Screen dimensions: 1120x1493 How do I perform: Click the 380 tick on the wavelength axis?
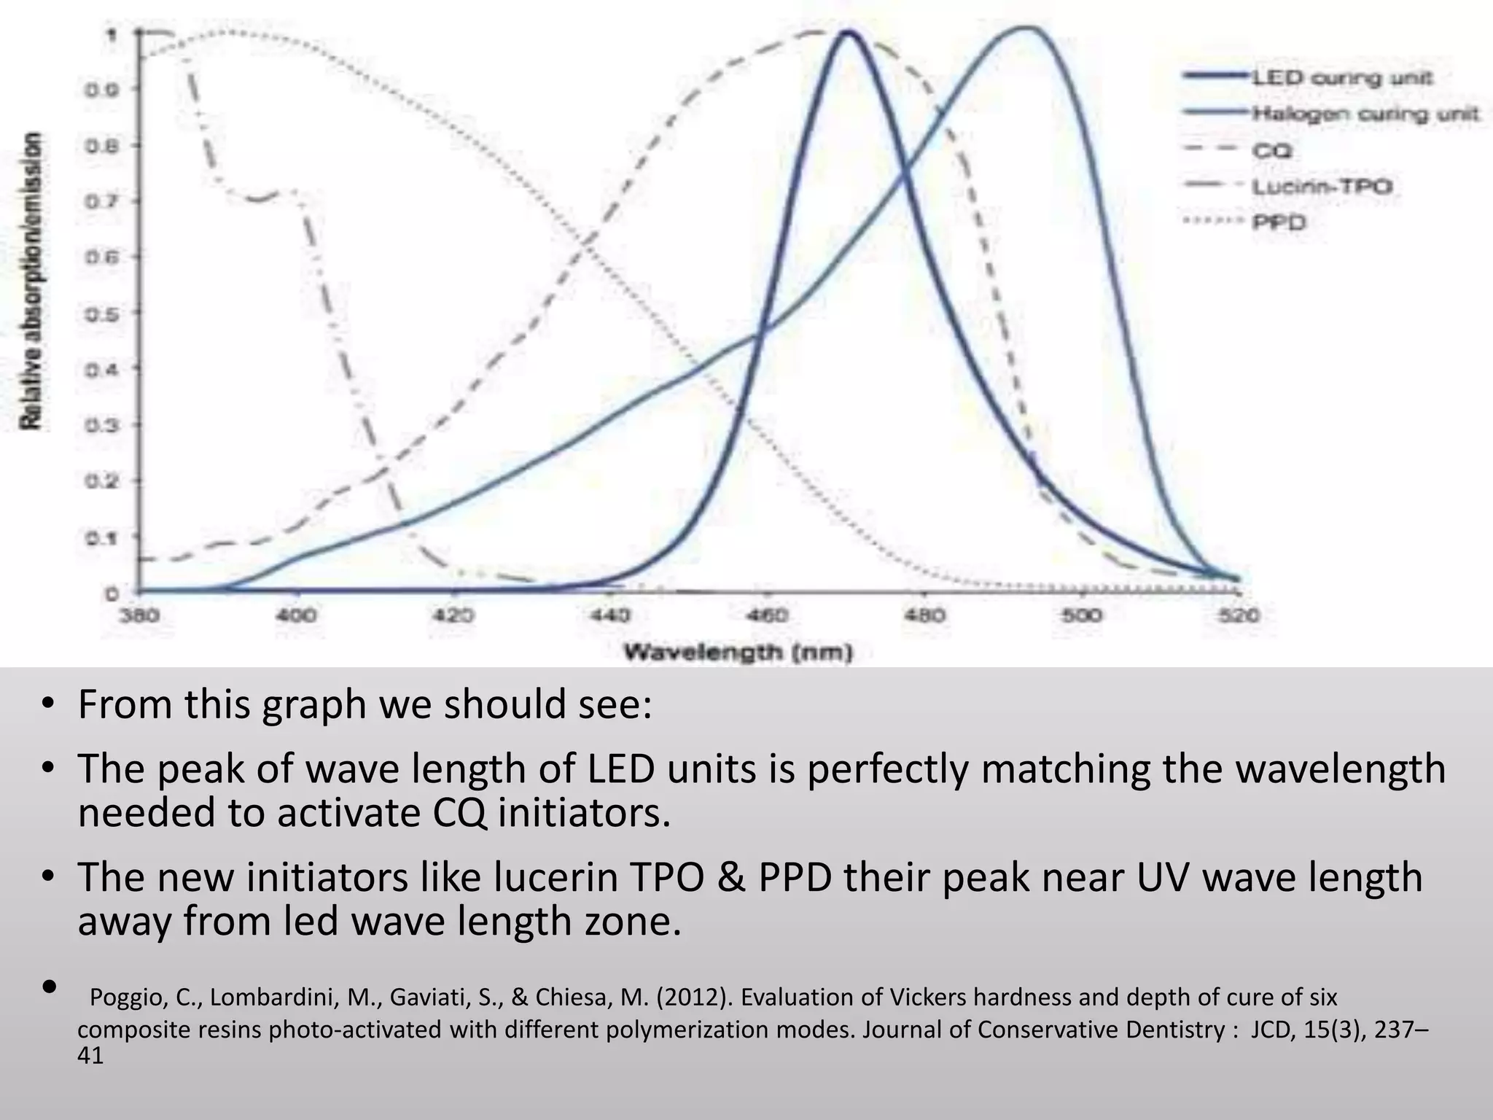[139, 616]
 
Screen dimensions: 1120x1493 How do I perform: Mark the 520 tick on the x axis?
[1239, 616]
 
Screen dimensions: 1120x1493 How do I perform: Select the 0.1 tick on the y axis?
[110, 538]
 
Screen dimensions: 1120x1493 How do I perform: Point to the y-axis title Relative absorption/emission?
[33, 281]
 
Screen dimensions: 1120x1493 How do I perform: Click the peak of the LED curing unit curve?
[848, 33]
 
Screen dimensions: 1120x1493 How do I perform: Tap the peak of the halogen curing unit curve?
[1026, 28]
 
